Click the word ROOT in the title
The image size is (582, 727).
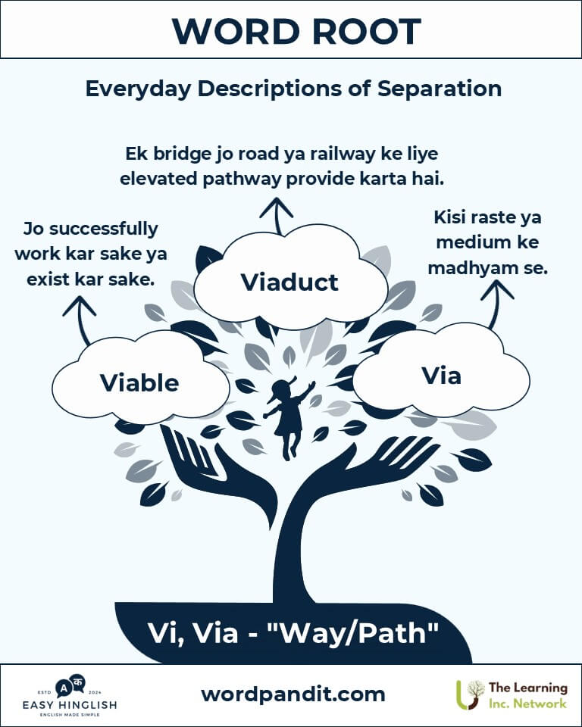click(366, 31)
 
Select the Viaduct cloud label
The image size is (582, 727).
click(289, 282)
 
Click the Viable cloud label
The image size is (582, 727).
click(139, 382)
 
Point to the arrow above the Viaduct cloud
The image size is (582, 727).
click(277, 216)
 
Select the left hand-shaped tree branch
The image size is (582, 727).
click(218, 473)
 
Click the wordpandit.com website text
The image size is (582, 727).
click(293, 694)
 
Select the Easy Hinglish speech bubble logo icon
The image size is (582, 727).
click(70, 686)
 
